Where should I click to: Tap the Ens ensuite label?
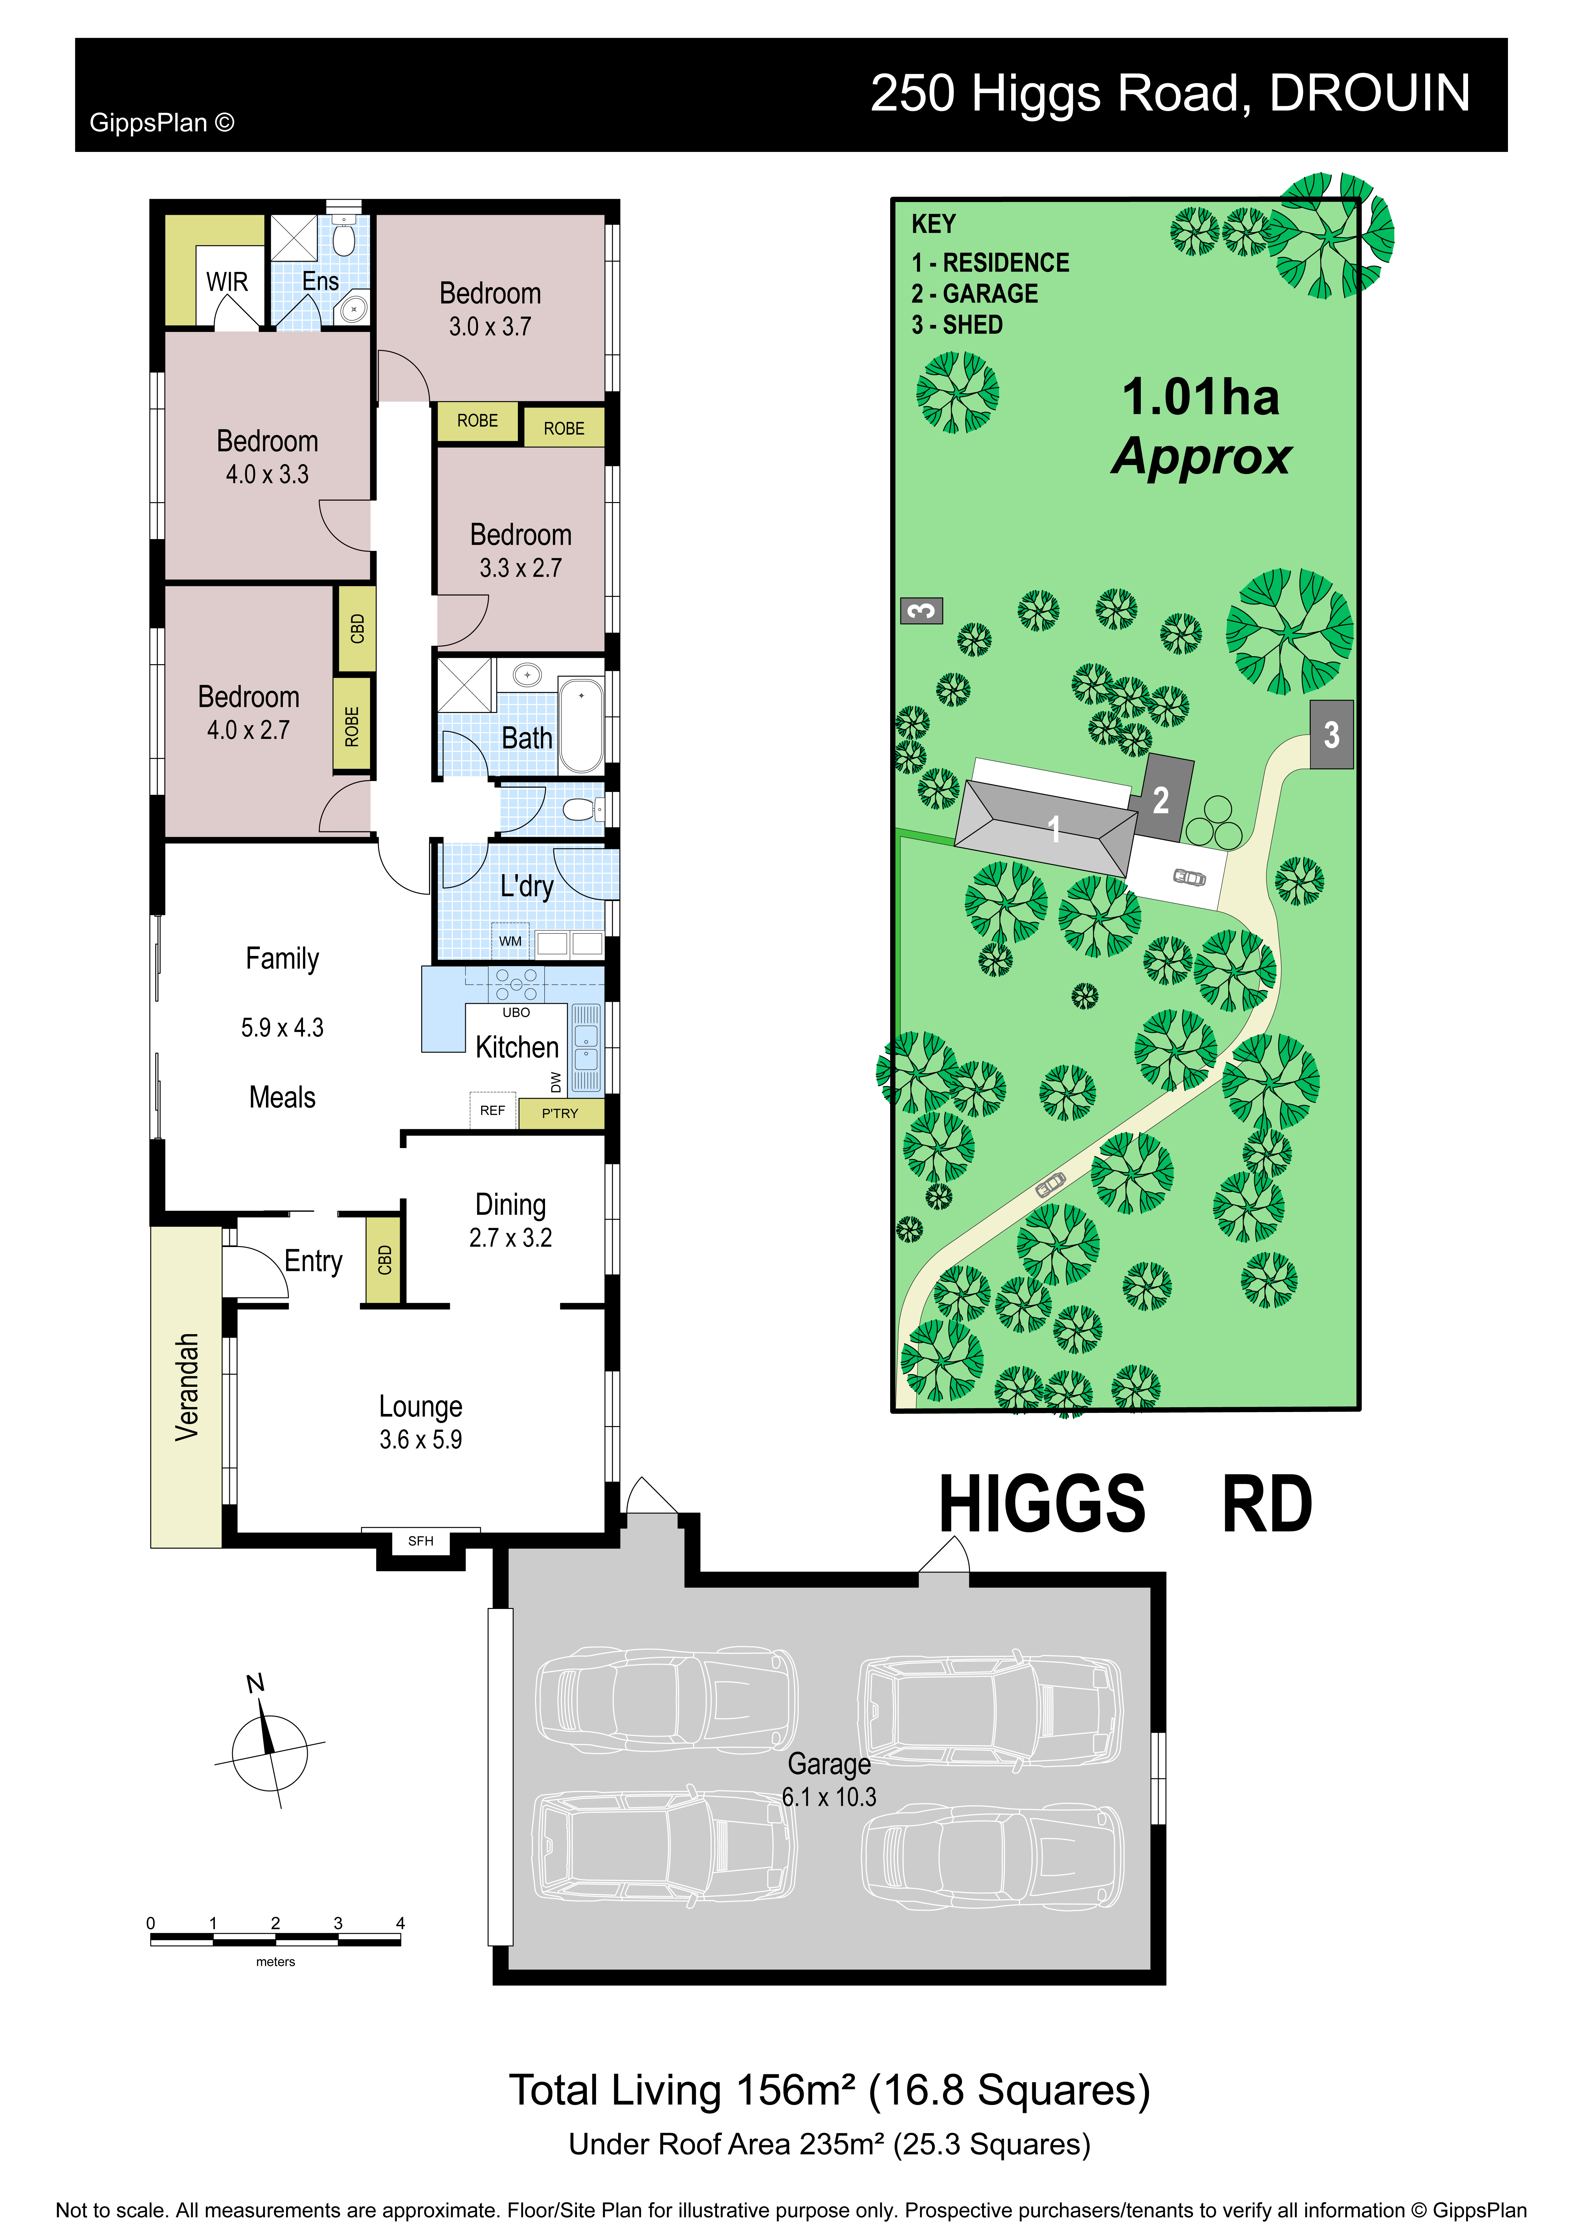tap(320, 281)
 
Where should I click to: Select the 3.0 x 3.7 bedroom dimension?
tap(490, 327)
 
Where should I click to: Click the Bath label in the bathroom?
tap(527, 738)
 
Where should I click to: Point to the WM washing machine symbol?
tap(510, 941)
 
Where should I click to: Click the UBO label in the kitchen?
tap(516, 1012)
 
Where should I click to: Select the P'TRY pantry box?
tap(561, 1113)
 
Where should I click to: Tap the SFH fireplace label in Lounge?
tap(420, 1541)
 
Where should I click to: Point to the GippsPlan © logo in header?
tap(162, 123)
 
